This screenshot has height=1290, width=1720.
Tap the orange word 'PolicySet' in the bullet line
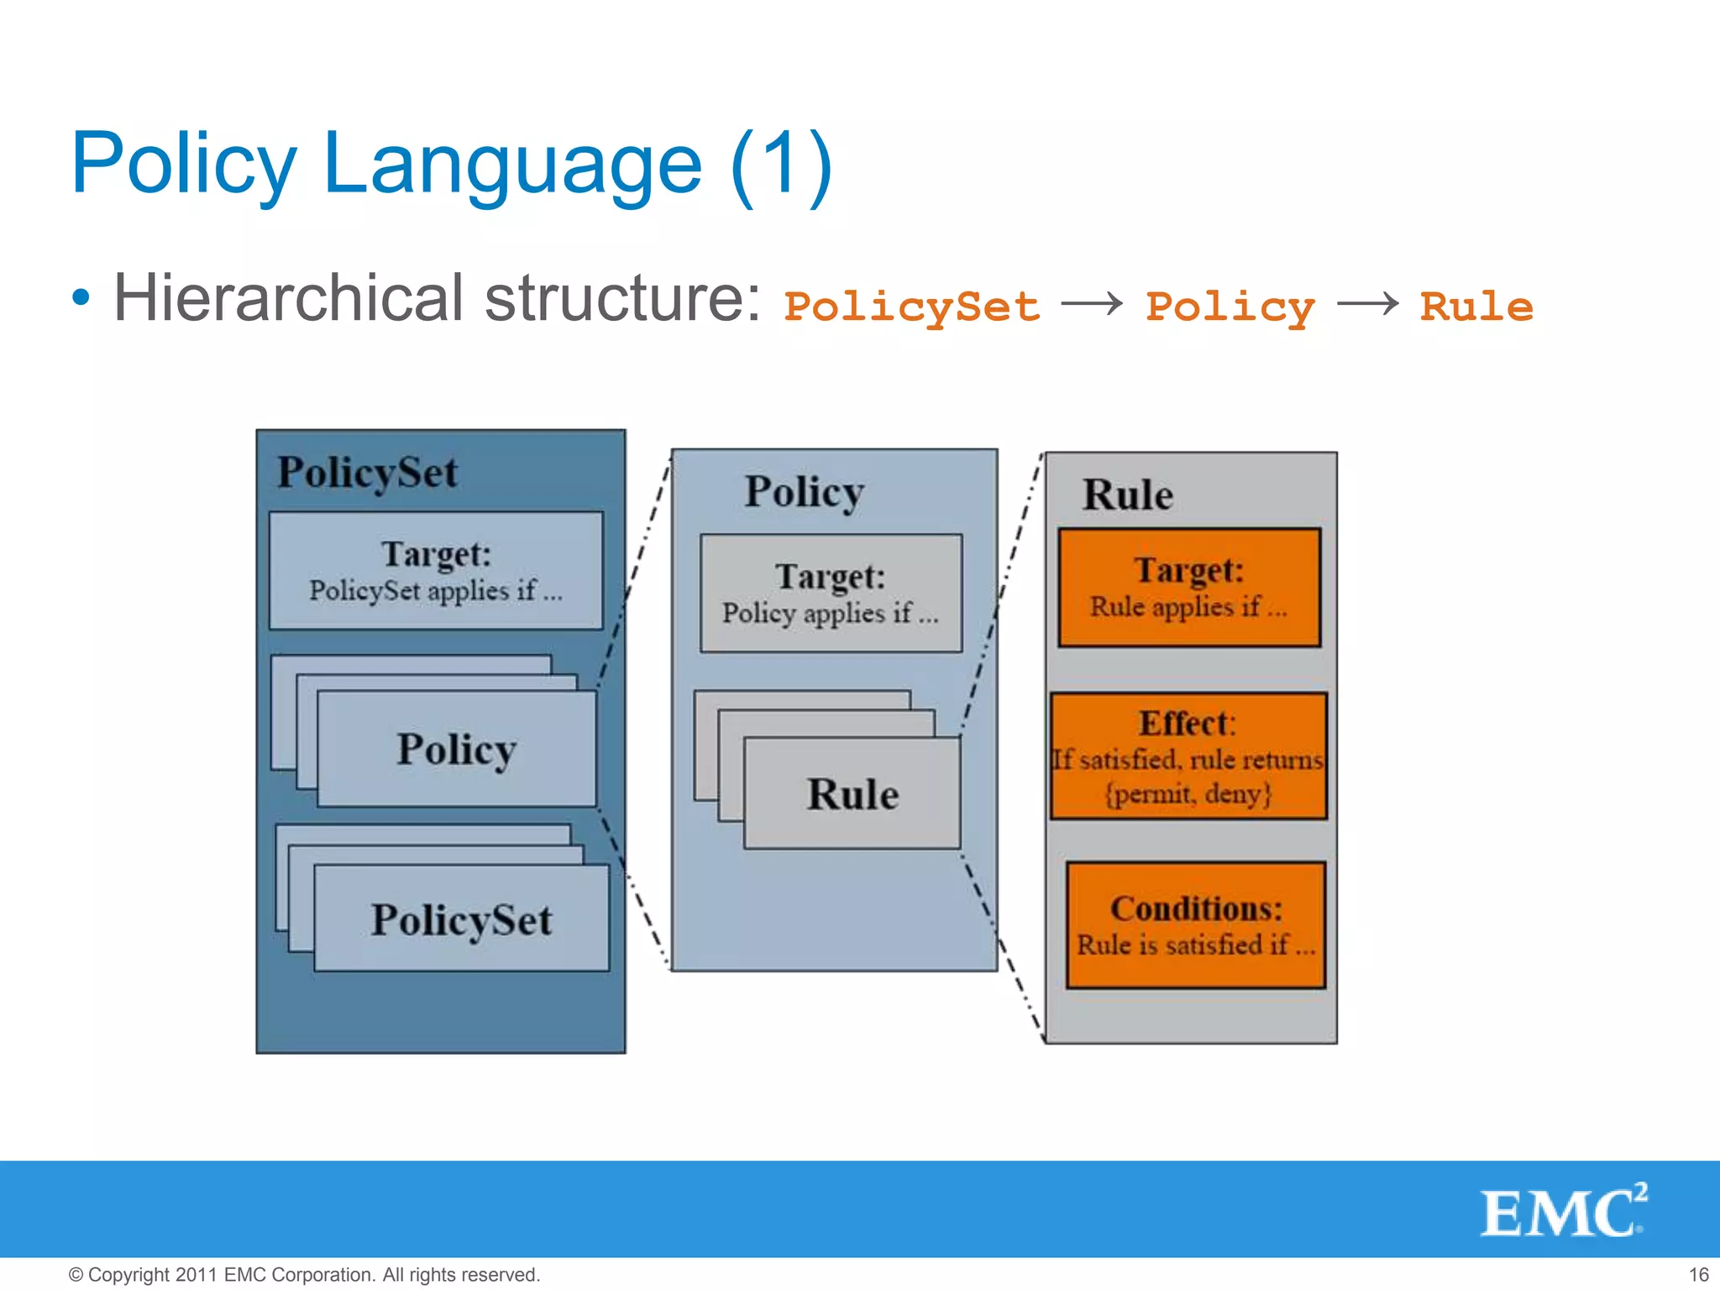(911, 307)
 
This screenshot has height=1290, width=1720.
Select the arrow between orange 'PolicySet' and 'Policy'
(1092, 303)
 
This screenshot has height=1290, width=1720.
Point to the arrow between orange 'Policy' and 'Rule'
(1367, 303)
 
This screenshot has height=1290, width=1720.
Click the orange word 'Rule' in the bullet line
(1476, 307)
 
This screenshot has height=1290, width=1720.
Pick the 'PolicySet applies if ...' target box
(436, 570)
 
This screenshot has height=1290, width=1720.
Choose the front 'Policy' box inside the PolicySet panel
(456, 748)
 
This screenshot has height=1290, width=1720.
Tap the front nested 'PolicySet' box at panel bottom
(461, 918)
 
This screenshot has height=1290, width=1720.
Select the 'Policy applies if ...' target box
(831, 593)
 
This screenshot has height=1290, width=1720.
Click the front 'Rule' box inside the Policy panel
(852, 793)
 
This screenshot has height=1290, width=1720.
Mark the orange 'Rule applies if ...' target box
(1188, 587)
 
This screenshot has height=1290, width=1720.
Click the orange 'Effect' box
(1188, 756)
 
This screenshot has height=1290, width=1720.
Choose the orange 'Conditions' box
(1196, 925)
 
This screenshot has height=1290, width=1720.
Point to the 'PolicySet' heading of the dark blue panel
(368, 472)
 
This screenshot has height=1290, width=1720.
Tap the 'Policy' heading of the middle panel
(804, 492)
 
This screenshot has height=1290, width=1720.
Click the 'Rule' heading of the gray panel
(1127, 495)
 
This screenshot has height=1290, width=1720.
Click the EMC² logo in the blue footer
(1562, 1211)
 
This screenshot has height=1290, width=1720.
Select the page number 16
(1698, 1274)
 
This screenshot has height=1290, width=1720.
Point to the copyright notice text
(304, 1274)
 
